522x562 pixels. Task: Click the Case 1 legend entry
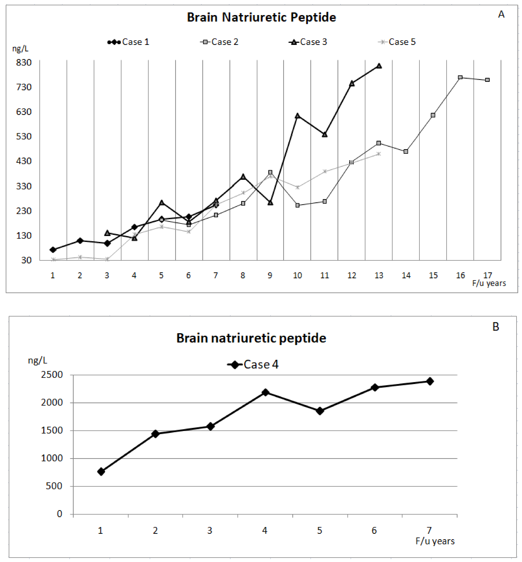[x=129, y=42]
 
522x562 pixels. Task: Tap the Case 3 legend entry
[x=308, y=42]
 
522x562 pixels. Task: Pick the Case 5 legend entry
[x=397, y=42]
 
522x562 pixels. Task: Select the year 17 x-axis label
[x=487, y=275]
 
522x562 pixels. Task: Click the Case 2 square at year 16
[x=460, y=77]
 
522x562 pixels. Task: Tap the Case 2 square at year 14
[x=406, y=152]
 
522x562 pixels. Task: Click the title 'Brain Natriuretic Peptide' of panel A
[x=261, y=17]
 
